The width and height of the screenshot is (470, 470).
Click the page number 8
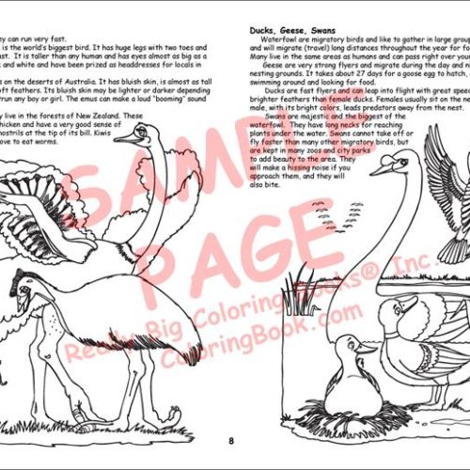[x=230, y=439]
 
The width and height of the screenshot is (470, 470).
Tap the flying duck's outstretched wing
[x=442, y=169]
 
